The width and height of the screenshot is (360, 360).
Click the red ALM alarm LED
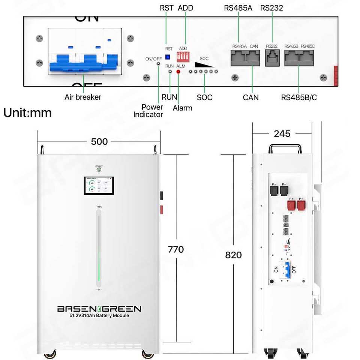coord(178,71)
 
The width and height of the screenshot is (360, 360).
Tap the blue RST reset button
coord(168,57)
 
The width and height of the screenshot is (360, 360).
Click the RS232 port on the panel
coord(272,58)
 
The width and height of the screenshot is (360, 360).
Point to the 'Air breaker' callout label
coord(83,97)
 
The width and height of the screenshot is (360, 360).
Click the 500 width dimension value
coord(99,141)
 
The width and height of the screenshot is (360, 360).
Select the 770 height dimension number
coord(176,249)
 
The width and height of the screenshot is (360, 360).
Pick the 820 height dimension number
coord(233,255)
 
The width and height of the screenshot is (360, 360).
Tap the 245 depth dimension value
coord(282,134)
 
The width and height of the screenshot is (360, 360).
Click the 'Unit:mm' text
coord(27,112)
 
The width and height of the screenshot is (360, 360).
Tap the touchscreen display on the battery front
coord(99,186)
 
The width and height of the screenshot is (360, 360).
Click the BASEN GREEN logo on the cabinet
coord(99,309)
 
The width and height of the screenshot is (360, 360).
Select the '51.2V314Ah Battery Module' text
coord(99,316)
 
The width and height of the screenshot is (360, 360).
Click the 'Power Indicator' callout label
coord(148,111)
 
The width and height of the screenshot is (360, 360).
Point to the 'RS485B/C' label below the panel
coord(299,97)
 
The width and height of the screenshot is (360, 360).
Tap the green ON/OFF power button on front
coord(99,169)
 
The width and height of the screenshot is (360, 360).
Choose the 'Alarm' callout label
coord(182,108)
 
